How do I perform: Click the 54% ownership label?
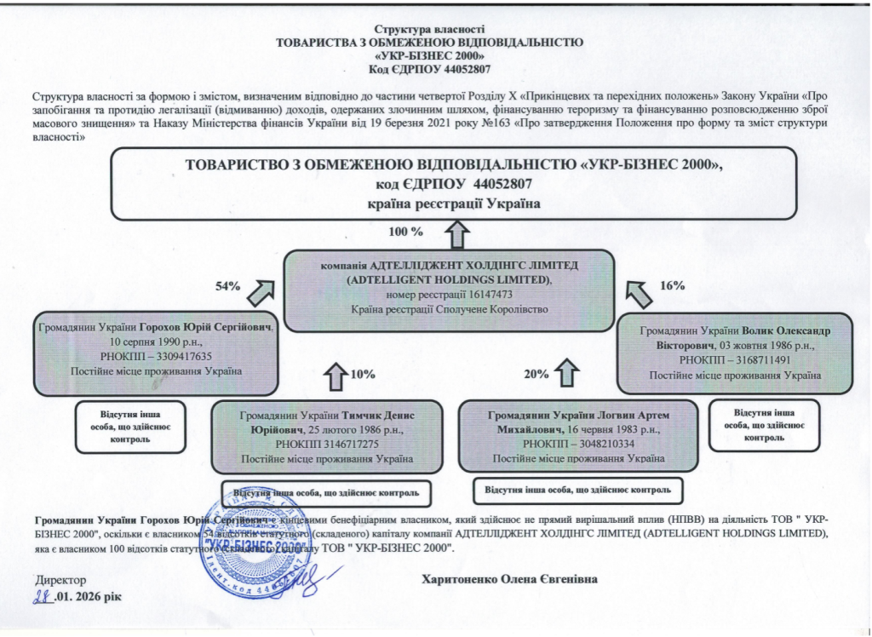227,287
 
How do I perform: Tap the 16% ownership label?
673,287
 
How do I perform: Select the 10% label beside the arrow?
363,374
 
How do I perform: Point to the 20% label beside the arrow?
536,374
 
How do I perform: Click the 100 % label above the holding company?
405,231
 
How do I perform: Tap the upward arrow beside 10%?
336,374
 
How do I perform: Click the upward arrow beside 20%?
567,374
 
